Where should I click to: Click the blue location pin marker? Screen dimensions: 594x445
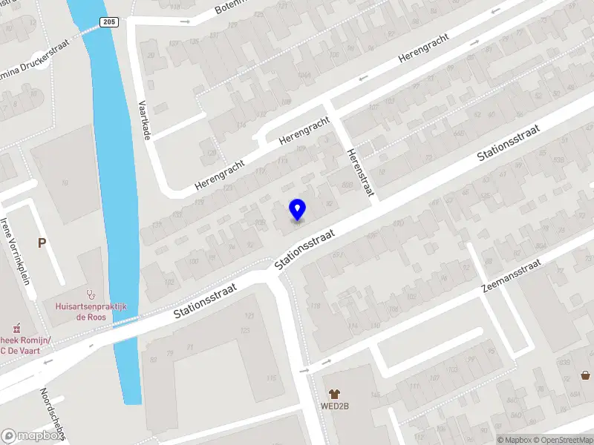click(297, 210)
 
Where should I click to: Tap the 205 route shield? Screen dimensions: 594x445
click(108, 23)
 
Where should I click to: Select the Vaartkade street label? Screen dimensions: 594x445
click(146, 120)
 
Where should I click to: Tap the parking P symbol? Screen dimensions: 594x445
click(42, 243)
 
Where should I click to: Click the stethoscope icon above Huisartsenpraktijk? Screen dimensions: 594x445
click(91, 294)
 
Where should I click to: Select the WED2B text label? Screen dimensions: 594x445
click(335, 406)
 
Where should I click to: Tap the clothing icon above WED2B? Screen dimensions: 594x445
click(335, 393)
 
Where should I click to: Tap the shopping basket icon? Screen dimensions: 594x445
click(586, 375)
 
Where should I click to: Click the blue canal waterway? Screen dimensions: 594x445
click(117, 185)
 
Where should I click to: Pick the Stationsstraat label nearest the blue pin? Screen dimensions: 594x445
click(305, 248)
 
